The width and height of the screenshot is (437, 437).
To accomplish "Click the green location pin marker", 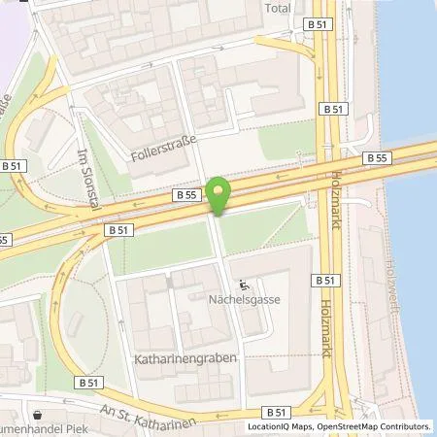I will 219,196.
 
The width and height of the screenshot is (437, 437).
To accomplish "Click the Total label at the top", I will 278,8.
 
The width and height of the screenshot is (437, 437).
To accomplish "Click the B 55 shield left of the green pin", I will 187,195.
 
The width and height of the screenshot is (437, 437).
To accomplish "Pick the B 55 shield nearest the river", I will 377,157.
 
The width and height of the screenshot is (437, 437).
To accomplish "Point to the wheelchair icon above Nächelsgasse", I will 245,286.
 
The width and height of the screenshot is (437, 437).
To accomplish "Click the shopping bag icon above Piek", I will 36,412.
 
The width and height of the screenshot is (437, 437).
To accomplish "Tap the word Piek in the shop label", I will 69,429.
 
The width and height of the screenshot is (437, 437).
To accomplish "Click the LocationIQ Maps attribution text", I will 281,426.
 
